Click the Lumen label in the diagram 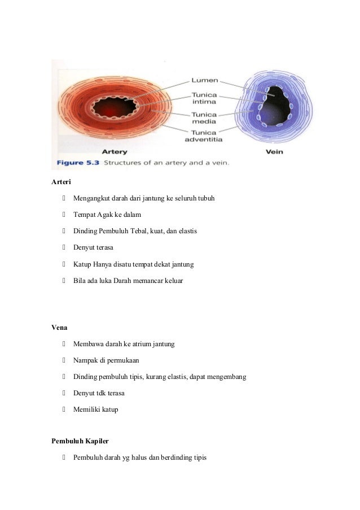coord(204,81)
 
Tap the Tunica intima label coord(204,99)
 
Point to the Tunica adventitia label coord(204,136)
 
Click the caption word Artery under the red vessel coord(114,151)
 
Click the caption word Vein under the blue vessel coord(274,151)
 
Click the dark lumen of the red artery coord(108,107)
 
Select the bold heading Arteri coord(60,182)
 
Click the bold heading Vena coord(59,326)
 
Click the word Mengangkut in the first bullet coord(90,199)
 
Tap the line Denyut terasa coord(90,247)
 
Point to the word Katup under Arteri coord(82,264)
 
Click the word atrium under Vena coord(146,344)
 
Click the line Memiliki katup coord(95,409)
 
